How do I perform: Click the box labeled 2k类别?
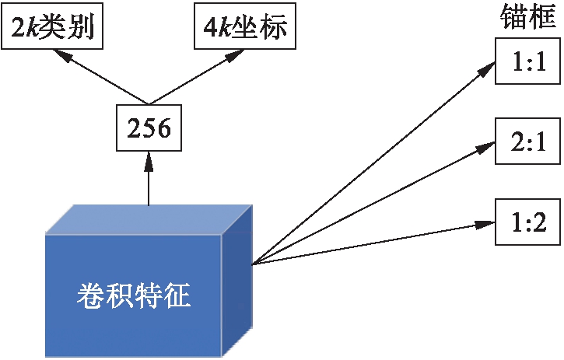pyautogui.click(x=52, y=29)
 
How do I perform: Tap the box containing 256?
pyautogui.click(x=148, y=128)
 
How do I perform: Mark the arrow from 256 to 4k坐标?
pyautogui.click(x=191, y=77)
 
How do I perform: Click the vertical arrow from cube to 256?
pyautogui.click(x=148, y=179)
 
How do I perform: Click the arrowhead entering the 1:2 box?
pyautogui.click(x=489, y=225)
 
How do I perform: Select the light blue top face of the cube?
pyautogui.click(x=148, y=219)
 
